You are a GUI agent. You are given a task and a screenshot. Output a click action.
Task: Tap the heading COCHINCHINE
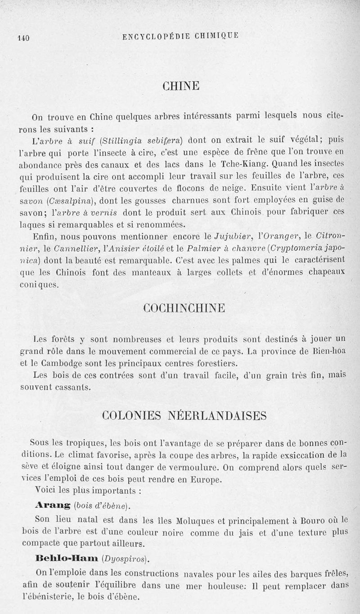coord(184,309)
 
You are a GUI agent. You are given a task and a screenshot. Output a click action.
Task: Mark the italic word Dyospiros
coord(126,560)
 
